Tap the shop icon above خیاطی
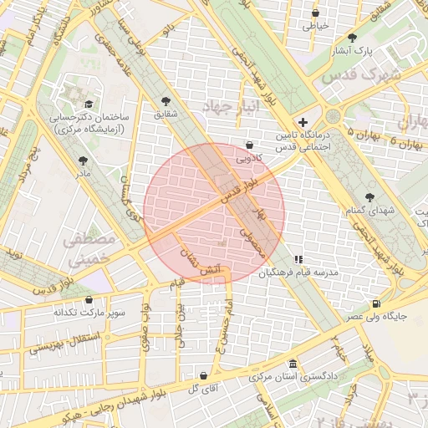point(315,13)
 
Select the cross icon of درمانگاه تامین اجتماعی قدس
point(303,122)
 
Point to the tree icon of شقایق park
point(164,101)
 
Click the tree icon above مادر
point(82,160)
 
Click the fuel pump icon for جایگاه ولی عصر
point(376,303)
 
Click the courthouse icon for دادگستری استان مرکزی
point(292,364)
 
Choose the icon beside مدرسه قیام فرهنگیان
point(298,259)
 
